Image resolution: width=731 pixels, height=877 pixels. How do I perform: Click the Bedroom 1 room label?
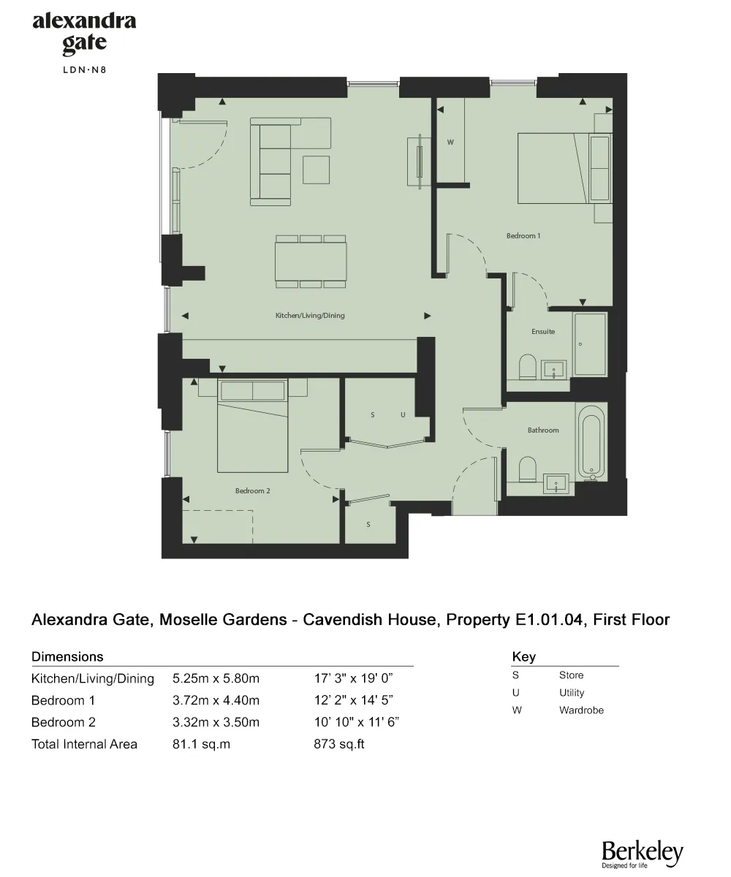[523, 236]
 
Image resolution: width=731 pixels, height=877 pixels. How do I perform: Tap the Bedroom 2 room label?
[253, 490]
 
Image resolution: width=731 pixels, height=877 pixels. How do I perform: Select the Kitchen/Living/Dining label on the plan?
[309, 316]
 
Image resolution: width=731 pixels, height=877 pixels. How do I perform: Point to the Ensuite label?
[542, 331]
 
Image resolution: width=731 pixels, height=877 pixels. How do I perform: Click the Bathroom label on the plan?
[543, 430]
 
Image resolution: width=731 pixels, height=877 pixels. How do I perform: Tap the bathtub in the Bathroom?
[591, 443]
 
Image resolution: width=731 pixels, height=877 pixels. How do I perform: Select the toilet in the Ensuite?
[527, 367]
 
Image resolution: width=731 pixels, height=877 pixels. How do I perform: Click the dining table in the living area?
[310, 260]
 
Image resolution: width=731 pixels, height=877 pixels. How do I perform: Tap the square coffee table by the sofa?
[317, 170]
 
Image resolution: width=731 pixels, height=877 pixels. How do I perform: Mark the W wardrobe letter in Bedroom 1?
[450, 143]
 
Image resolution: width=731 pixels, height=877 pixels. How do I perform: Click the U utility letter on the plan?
[402, 414]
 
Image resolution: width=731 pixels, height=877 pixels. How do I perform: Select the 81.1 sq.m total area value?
[201, 745]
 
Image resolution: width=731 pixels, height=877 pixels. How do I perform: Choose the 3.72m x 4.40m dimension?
[216, 700]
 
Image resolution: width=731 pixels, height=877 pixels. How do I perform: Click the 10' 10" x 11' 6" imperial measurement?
[356, 722]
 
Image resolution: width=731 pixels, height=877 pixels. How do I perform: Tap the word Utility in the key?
[572, 693]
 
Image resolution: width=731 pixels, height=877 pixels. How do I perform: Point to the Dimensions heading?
[67, 656]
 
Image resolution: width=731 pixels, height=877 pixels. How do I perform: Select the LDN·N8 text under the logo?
[84, 71]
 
